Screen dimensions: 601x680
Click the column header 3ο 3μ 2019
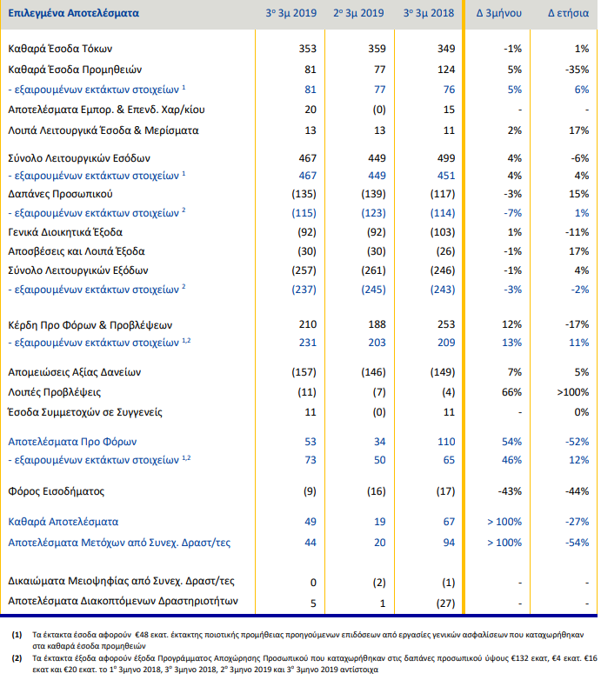click(291, 13)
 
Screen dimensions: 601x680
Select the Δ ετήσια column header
click(568, 13)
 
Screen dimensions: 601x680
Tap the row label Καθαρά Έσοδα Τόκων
click(60, 49)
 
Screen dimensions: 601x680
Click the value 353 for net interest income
click(307, 49)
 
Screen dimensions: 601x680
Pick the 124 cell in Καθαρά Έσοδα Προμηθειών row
click(446, 70)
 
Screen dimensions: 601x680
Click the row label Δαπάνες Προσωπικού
click(60, 194)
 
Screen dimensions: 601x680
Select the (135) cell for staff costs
click(304, 194)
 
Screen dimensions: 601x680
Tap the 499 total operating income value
click(446, 158)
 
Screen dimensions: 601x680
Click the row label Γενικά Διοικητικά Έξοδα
click(65, 232)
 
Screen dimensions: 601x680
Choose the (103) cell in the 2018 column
click(443, 232)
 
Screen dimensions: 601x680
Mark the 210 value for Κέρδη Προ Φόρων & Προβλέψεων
click(307, 324)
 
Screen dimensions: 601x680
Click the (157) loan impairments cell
click(304, 372)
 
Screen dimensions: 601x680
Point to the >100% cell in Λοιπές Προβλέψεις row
click(573, 392)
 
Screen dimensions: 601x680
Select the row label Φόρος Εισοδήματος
click(57, 491)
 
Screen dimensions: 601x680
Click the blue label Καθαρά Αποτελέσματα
click(63, 522)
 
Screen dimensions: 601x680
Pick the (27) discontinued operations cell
click(446, 603)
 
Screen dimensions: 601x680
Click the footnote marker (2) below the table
click(17, 658)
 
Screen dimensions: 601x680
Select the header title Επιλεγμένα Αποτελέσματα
click(74, 13)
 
